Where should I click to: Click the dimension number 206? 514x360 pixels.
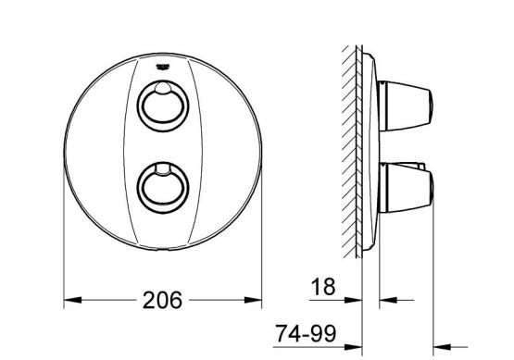162,300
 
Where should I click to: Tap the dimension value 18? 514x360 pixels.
323,287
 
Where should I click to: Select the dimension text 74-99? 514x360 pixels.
306,333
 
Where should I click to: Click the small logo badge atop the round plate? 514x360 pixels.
162,67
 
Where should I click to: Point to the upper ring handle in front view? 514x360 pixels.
163,106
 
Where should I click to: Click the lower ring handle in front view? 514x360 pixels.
163,188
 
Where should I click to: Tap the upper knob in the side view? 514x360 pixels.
406,106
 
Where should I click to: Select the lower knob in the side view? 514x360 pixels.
406,188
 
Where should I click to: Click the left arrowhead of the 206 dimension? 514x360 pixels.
72,300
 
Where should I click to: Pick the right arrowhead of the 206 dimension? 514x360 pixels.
253,300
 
